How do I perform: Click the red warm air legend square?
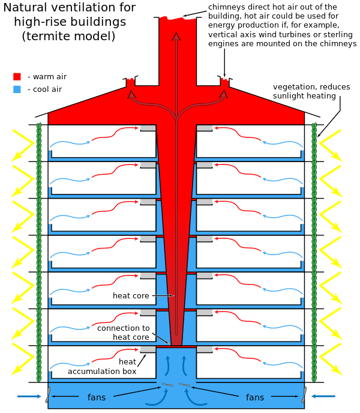click(17, 77)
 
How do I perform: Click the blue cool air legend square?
click(17, 89)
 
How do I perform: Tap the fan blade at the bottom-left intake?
click(47, 397)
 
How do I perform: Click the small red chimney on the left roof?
click(131, 83)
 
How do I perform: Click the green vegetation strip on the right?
click(314, 252)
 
